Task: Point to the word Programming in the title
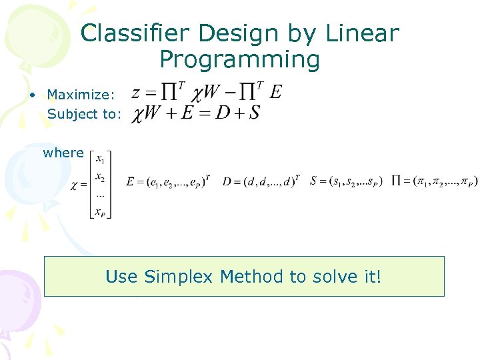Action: coord(240,61)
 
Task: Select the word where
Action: coord(63,153)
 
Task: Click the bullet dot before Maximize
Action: coord(32,95)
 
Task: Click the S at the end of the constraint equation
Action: coord(254,113)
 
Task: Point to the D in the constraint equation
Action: coord(221,113)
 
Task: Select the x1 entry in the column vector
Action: coord(100,159)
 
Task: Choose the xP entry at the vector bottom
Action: coord(100,212)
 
